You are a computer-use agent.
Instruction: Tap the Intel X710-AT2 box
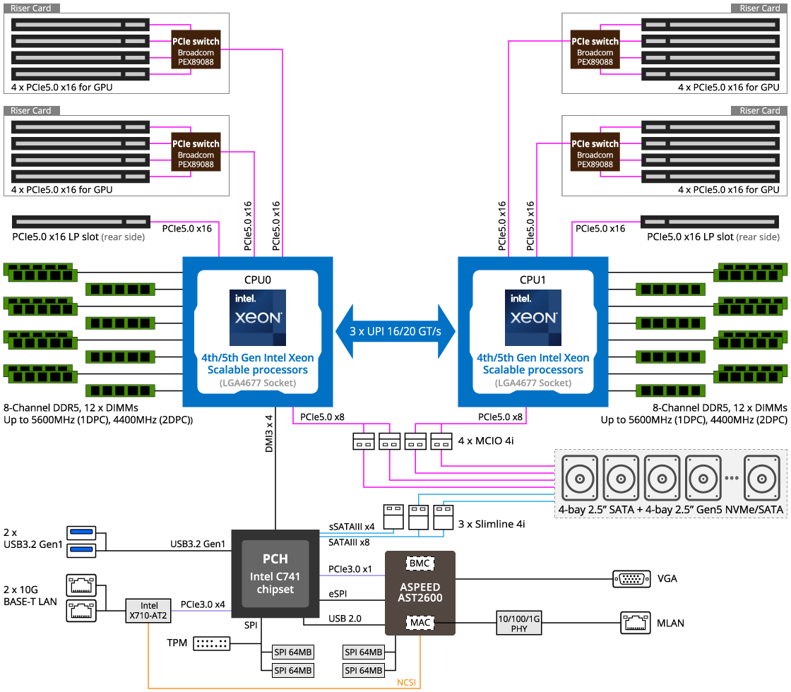pos(148,610)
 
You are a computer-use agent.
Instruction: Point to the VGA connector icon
pos(631,579)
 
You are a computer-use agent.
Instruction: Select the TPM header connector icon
pos(211,643)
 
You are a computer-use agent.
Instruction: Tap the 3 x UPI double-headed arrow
pos(395,331)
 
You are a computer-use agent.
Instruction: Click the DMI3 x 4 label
pos(269,434)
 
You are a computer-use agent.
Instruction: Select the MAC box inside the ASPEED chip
pos(420,623)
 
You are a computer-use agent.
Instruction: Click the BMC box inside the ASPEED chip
pos(420,563)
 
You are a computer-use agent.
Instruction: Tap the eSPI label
pos(338,595)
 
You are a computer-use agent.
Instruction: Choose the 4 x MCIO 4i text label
pos(486,441)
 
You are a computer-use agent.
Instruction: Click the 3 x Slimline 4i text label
pos(492,524)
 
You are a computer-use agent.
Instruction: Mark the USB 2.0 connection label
pos(345,619)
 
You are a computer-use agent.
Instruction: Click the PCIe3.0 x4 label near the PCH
pos(203,604)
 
